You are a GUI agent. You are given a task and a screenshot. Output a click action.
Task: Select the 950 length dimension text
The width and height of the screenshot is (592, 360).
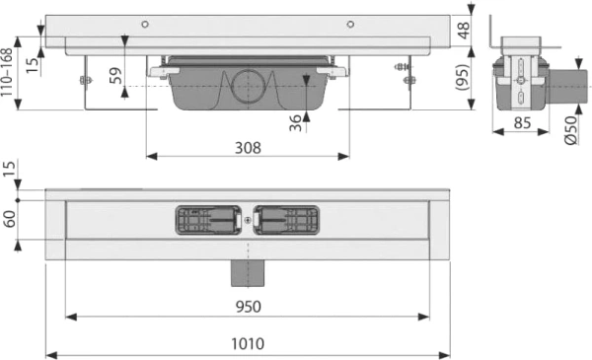coord(248,306)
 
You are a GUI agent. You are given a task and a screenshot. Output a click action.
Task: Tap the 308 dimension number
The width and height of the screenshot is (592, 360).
coord(248,147)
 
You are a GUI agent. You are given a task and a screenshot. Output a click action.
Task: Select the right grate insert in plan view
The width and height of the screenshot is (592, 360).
coord(285,220)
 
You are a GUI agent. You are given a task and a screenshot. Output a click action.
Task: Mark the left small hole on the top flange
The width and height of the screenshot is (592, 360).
coord(144,24)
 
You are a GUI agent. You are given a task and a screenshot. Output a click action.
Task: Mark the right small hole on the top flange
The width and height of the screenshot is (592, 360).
coord(349,24)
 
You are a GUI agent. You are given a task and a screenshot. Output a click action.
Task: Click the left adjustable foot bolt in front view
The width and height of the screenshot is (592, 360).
coord(85,79)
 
